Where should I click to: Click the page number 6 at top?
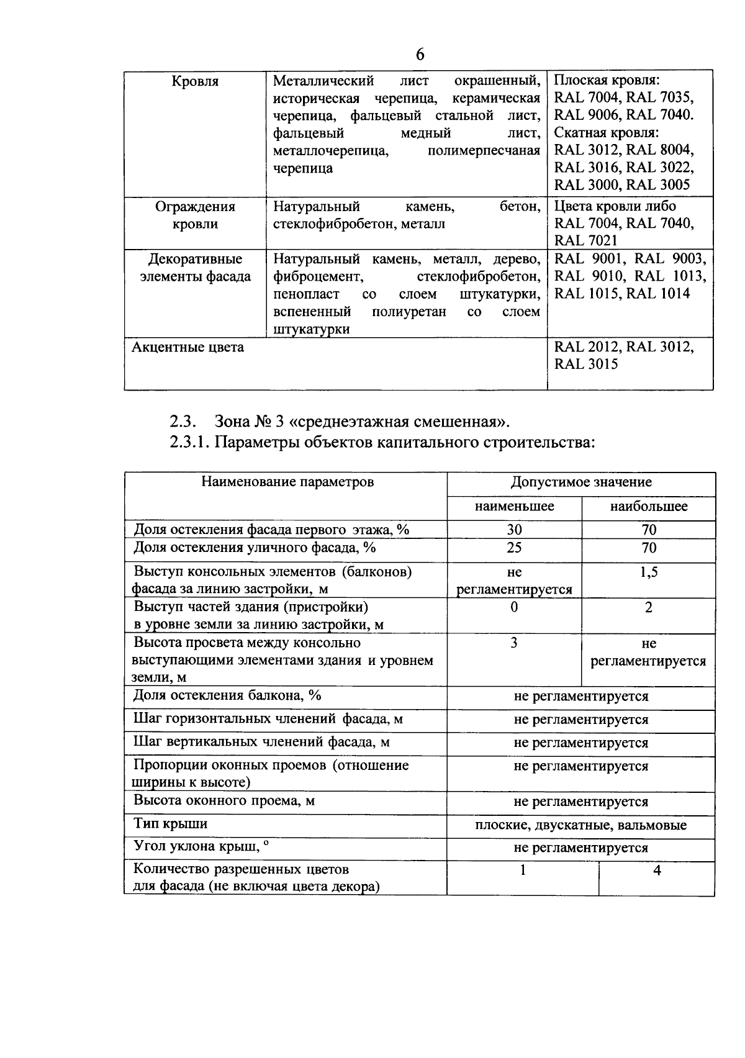pyautogui.click(x=420, y=55)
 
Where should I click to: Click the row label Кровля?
pyautogui.click(x=195, y=81)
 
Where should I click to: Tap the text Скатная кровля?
pyautogui.click(x=606, y=133)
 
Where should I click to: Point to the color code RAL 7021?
pyautogui.click(x=586, y=241)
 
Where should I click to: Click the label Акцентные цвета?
pyautogui.click(x=188, y=347)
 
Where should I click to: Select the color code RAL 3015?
pyautogui.click(x=586, y=364)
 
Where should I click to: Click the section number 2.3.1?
pyautogui.click(x=189, y=443)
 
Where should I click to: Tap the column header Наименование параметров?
pyautogui.click(x=287, y=482)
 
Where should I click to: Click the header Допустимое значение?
pyautogui.click(x=581, y=482)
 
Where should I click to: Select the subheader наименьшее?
pyautogui.click(x=515, y=507)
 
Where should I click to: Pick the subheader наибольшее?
pyautogui.click(x=649, y=507)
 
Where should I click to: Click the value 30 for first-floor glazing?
pyautogui.click(x=515, y=530)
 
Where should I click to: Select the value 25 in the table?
pyautogui.click(x=515, y=548)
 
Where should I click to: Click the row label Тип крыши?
pyautogui.click(x=171, y=825)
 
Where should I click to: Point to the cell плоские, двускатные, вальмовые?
pyautogui.click(x=581, y=826)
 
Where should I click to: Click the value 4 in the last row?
pyautogui.click(x=657, y=871)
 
